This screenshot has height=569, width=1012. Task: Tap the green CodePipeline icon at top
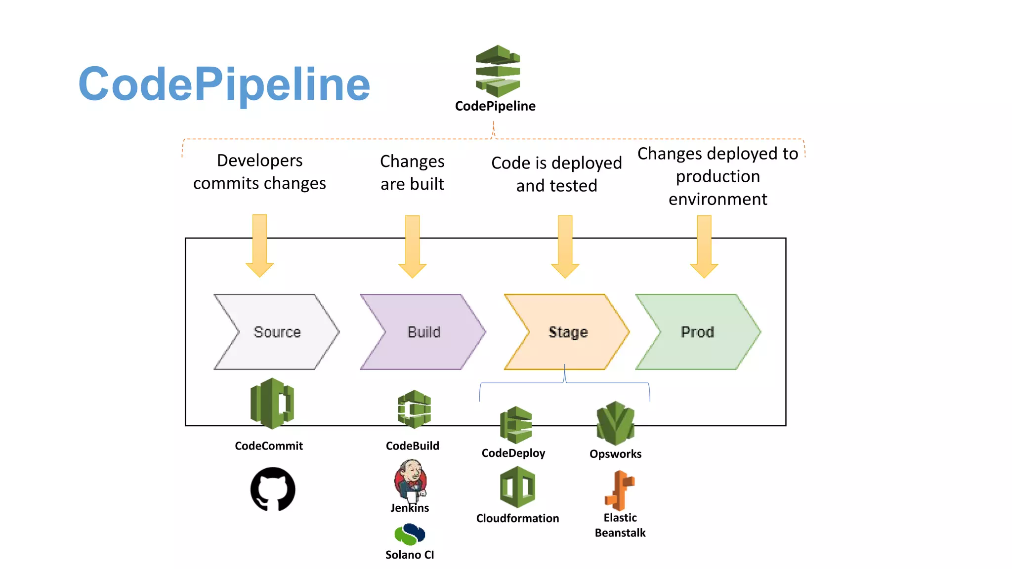coord(498,71)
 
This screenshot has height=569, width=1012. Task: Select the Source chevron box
coord(277,332)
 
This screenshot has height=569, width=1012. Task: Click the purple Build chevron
coord(423,332)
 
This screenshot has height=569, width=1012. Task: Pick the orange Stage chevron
coord(567,332)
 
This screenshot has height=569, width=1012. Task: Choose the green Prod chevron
coord(697,332)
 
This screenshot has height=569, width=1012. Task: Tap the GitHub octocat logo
coord(273,489)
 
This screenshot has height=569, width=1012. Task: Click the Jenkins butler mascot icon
coord(410,479)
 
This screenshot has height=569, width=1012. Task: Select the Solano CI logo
coord(410,534)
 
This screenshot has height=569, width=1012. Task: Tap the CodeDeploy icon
coord(515,425)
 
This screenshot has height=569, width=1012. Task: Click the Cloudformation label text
coord(517,518)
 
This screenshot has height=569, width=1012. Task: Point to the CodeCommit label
coord(268,446)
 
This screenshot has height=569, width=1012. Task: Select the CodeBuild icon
coord(414,409)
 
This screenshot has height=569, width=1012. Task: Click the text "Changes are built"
coord(412,172)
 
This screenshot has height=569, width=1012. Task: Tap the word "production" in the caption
coord(717,176)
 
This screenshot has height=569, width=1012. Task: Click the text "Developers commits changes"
coord(259,171)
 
